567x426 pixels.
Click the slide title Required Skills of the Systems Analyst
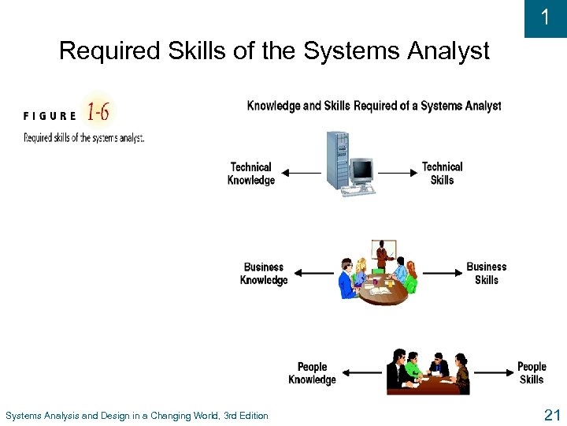click(274, 51)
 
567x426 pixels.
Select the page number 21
click(551, 415)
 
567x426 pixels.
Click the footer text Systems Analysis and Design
click(136, 416)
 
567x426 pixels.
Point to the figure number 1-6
click(98, 112)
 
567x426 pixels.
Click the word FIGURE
click(50, 115)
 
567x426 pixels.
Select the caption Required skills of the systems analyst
click(83, 137)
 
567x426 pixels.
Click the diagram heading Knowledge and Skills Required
click(373, 106)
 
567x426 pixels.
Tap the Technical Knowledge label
click(250, 174)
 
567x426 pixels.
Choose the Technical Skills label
click(442, 174)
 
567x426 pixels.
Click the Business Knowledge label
click(263, 274)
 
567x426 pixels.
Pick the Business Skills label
click(486, 273)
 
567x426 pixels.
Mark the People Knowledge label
click(312, 373)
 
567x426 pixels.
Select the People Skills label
click(532, 373)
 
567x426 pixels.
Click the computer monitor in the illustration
click(361, 170)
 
